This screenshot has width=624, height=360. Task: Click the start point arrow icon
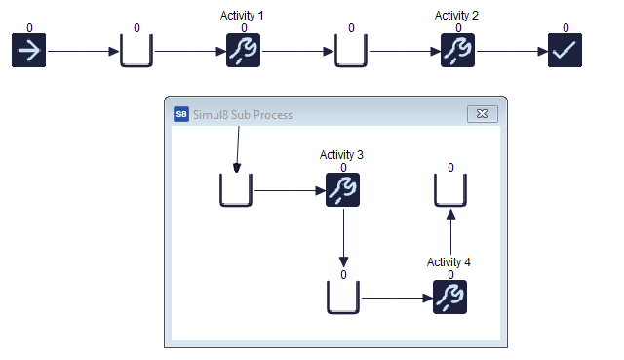point(29,52)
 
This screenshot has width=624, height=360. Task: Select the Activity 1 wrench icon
point(244,52)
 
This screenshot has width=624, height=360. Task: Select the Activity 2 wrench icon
point(458,52)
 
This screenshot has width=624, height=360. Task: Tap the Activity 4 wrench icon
point(449,297)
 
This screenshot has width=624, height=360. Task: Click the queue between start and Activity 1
point(136,52)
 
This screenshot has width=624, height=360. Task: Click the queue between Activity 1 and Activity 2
point(351,52)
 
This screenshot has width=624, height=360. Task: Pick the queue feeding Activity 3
point(236,190)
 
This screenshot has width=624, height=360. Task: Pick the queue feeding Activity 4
point(343,297)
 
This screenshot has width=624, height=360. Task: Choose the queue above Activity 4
point(449,191)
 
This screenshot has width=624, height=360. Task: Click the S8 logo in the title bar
point(181,114)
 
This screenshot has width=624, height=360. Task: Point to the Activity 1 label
point(244,17)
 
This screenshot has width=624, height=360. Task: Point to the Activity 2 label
point(458,17)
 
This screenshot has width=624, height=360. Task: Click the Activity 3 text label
point(342,155)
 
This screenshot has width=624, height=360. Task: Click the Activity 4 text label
point(449,262)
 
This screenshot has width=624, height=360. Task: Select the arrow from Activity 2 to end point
point(511,52)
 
